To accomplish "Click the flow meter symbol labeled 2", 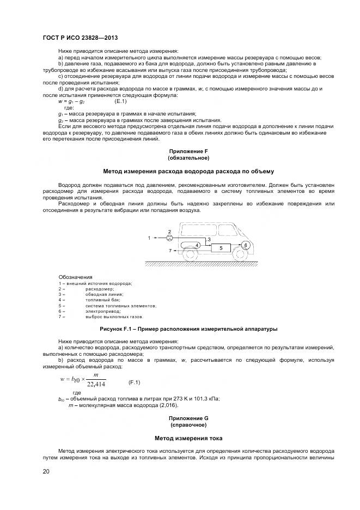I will [169, 238].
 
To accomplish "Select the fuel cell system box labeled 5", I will [221, 247].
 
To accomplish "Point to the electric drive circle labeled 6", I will [246, 246].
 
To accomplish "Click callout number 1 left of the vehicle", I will [149, 238].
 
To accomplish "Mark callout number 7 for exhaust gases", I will [169, 251].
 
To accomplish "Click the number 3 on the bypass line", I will [209, 239].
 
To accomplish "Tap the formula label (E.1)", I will [121, 102].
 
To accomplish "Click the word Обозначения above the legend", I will [75, 277].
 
